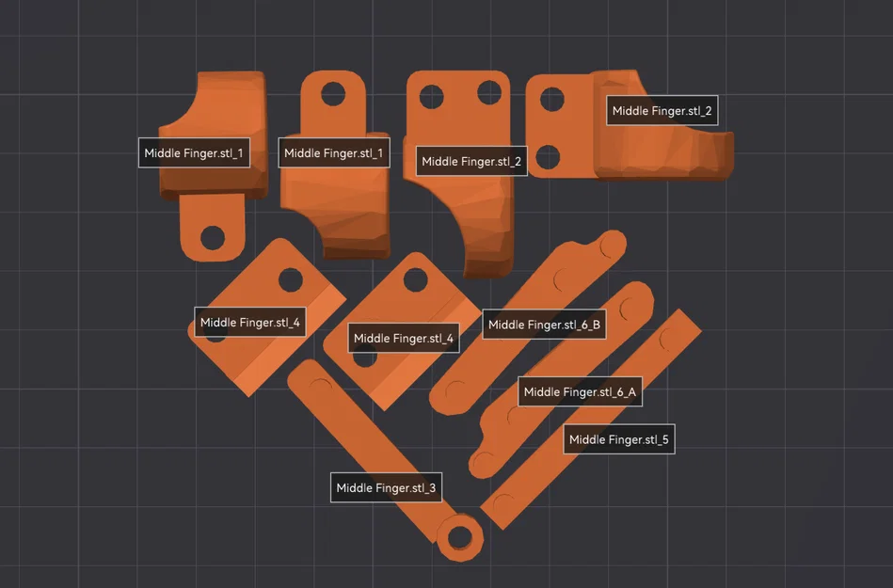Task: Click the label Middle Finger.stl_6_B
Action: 544,325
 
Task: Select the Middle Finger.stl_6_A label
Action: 580,391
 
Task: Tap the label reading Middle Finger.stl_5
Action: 619,439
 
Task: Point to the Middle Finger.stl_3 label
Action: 386,488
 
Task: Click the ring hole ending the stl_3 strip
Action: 459,537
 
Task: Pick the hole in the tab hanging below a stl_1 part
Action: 213,237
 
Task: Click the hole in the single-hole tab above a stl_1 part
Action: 333,93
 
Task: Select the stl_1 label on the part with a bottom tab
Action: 194,152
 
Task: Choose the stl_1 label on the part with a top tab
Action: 334,152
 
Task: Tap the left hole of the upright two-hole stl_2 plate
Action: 432,97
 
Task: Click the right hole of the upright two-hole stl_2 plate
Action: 489,92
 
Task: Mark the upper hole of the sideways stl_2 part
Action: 551,100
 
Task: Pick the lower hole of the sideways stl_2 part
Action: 548,157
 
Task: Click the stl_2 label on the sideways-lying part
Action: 662,110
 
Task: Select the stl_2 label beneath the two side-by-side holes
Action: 471,161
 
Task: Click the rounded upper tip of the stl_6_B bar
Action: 614,243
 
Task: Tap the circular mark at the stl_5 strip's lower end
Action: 503,504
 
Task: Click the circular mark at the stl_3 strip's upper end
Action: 321,387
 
